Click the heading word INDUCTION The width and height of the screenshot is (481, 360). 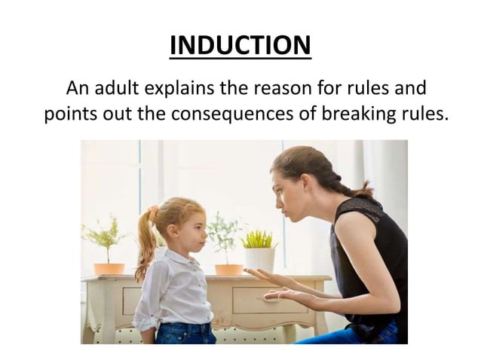point(240,45)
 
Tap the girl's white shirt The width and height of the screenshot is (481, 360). point(176,286)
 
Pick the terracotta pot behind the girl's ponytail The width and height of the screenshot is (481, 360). point(109,268)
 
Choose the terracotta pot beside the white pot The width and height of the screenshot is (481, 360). point(229,269)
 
